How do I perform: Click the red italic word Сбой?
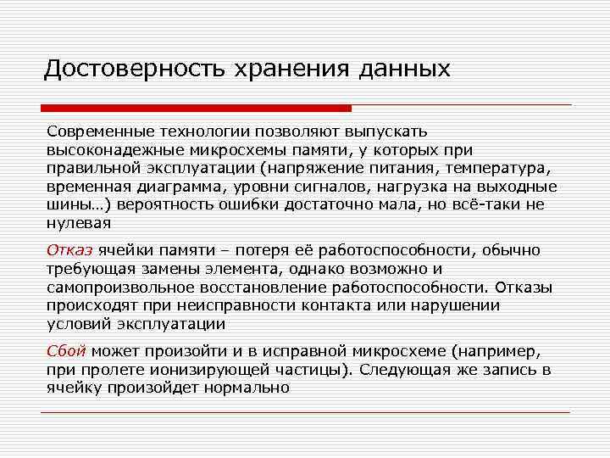[x=66, y=350]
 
